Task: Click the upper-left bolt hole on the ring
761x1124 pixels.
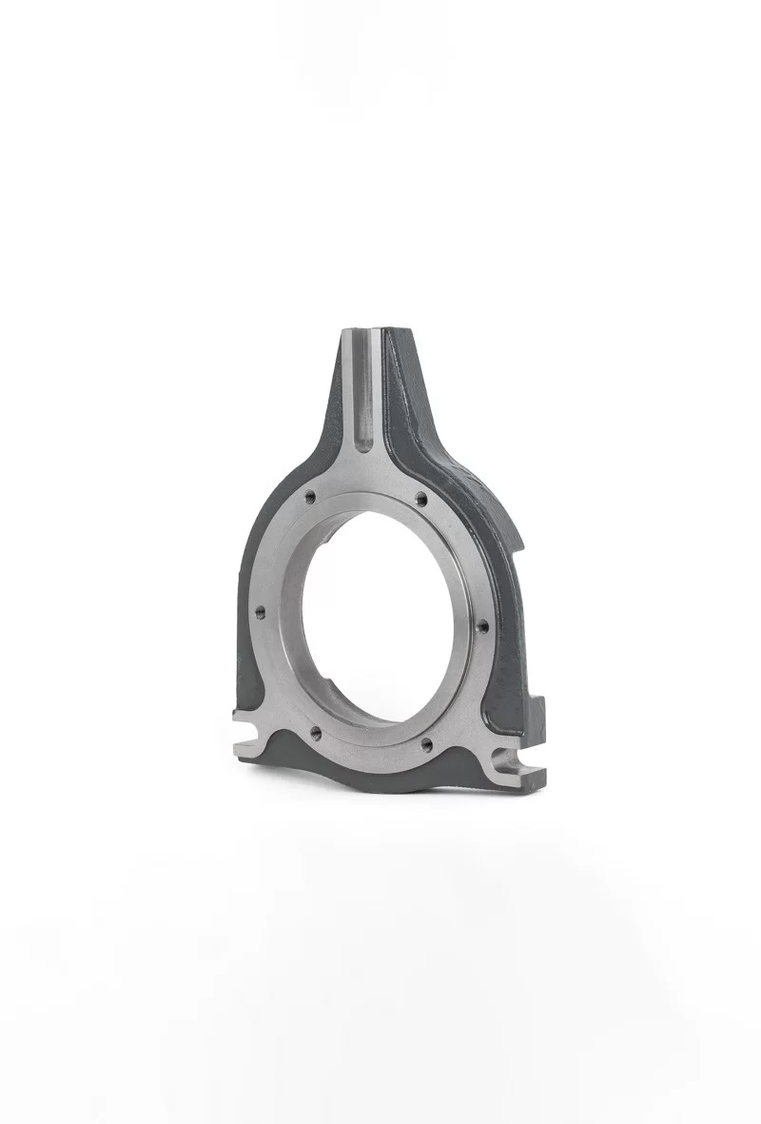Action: tap(310, 496)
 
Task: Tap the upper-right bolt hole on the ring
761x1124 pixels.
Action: tap(420, 498)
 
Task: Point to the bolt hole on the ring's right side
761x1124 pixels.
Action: tap(481, 626)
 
